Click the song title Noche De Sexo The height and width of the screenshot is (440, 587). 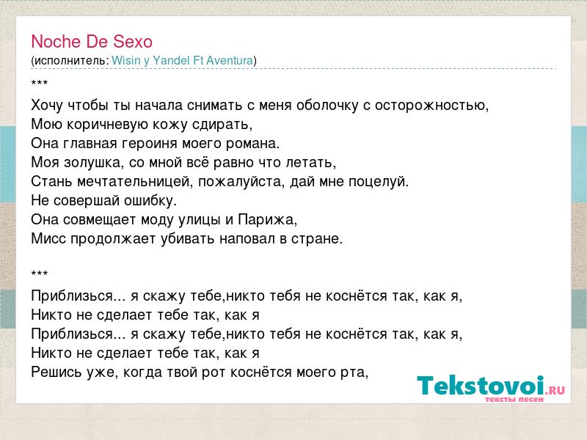(x=92, y=42)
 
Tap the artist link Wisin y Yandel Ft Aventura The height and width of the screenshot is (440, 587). (x=183, y=61)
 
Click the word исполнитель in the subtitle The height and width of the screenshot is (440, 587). (x=71, y=61)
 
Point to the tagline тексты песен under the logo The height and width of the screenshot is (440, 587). (x=514, y=400)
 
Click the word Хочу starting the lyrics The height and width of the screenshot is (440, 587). (x=47, y=106)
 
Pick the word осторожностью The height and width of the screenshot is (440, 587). (x=431, y=106)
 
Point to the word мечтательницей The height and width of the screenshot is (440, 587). (x=136, y=182)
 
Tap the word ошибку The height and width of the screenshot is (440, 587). (x=150, y=201)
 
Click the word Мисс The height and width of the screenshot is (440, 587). (x=48, y=239)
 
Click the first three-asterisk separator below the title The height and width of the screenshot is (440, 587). (x=40, y=82)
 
